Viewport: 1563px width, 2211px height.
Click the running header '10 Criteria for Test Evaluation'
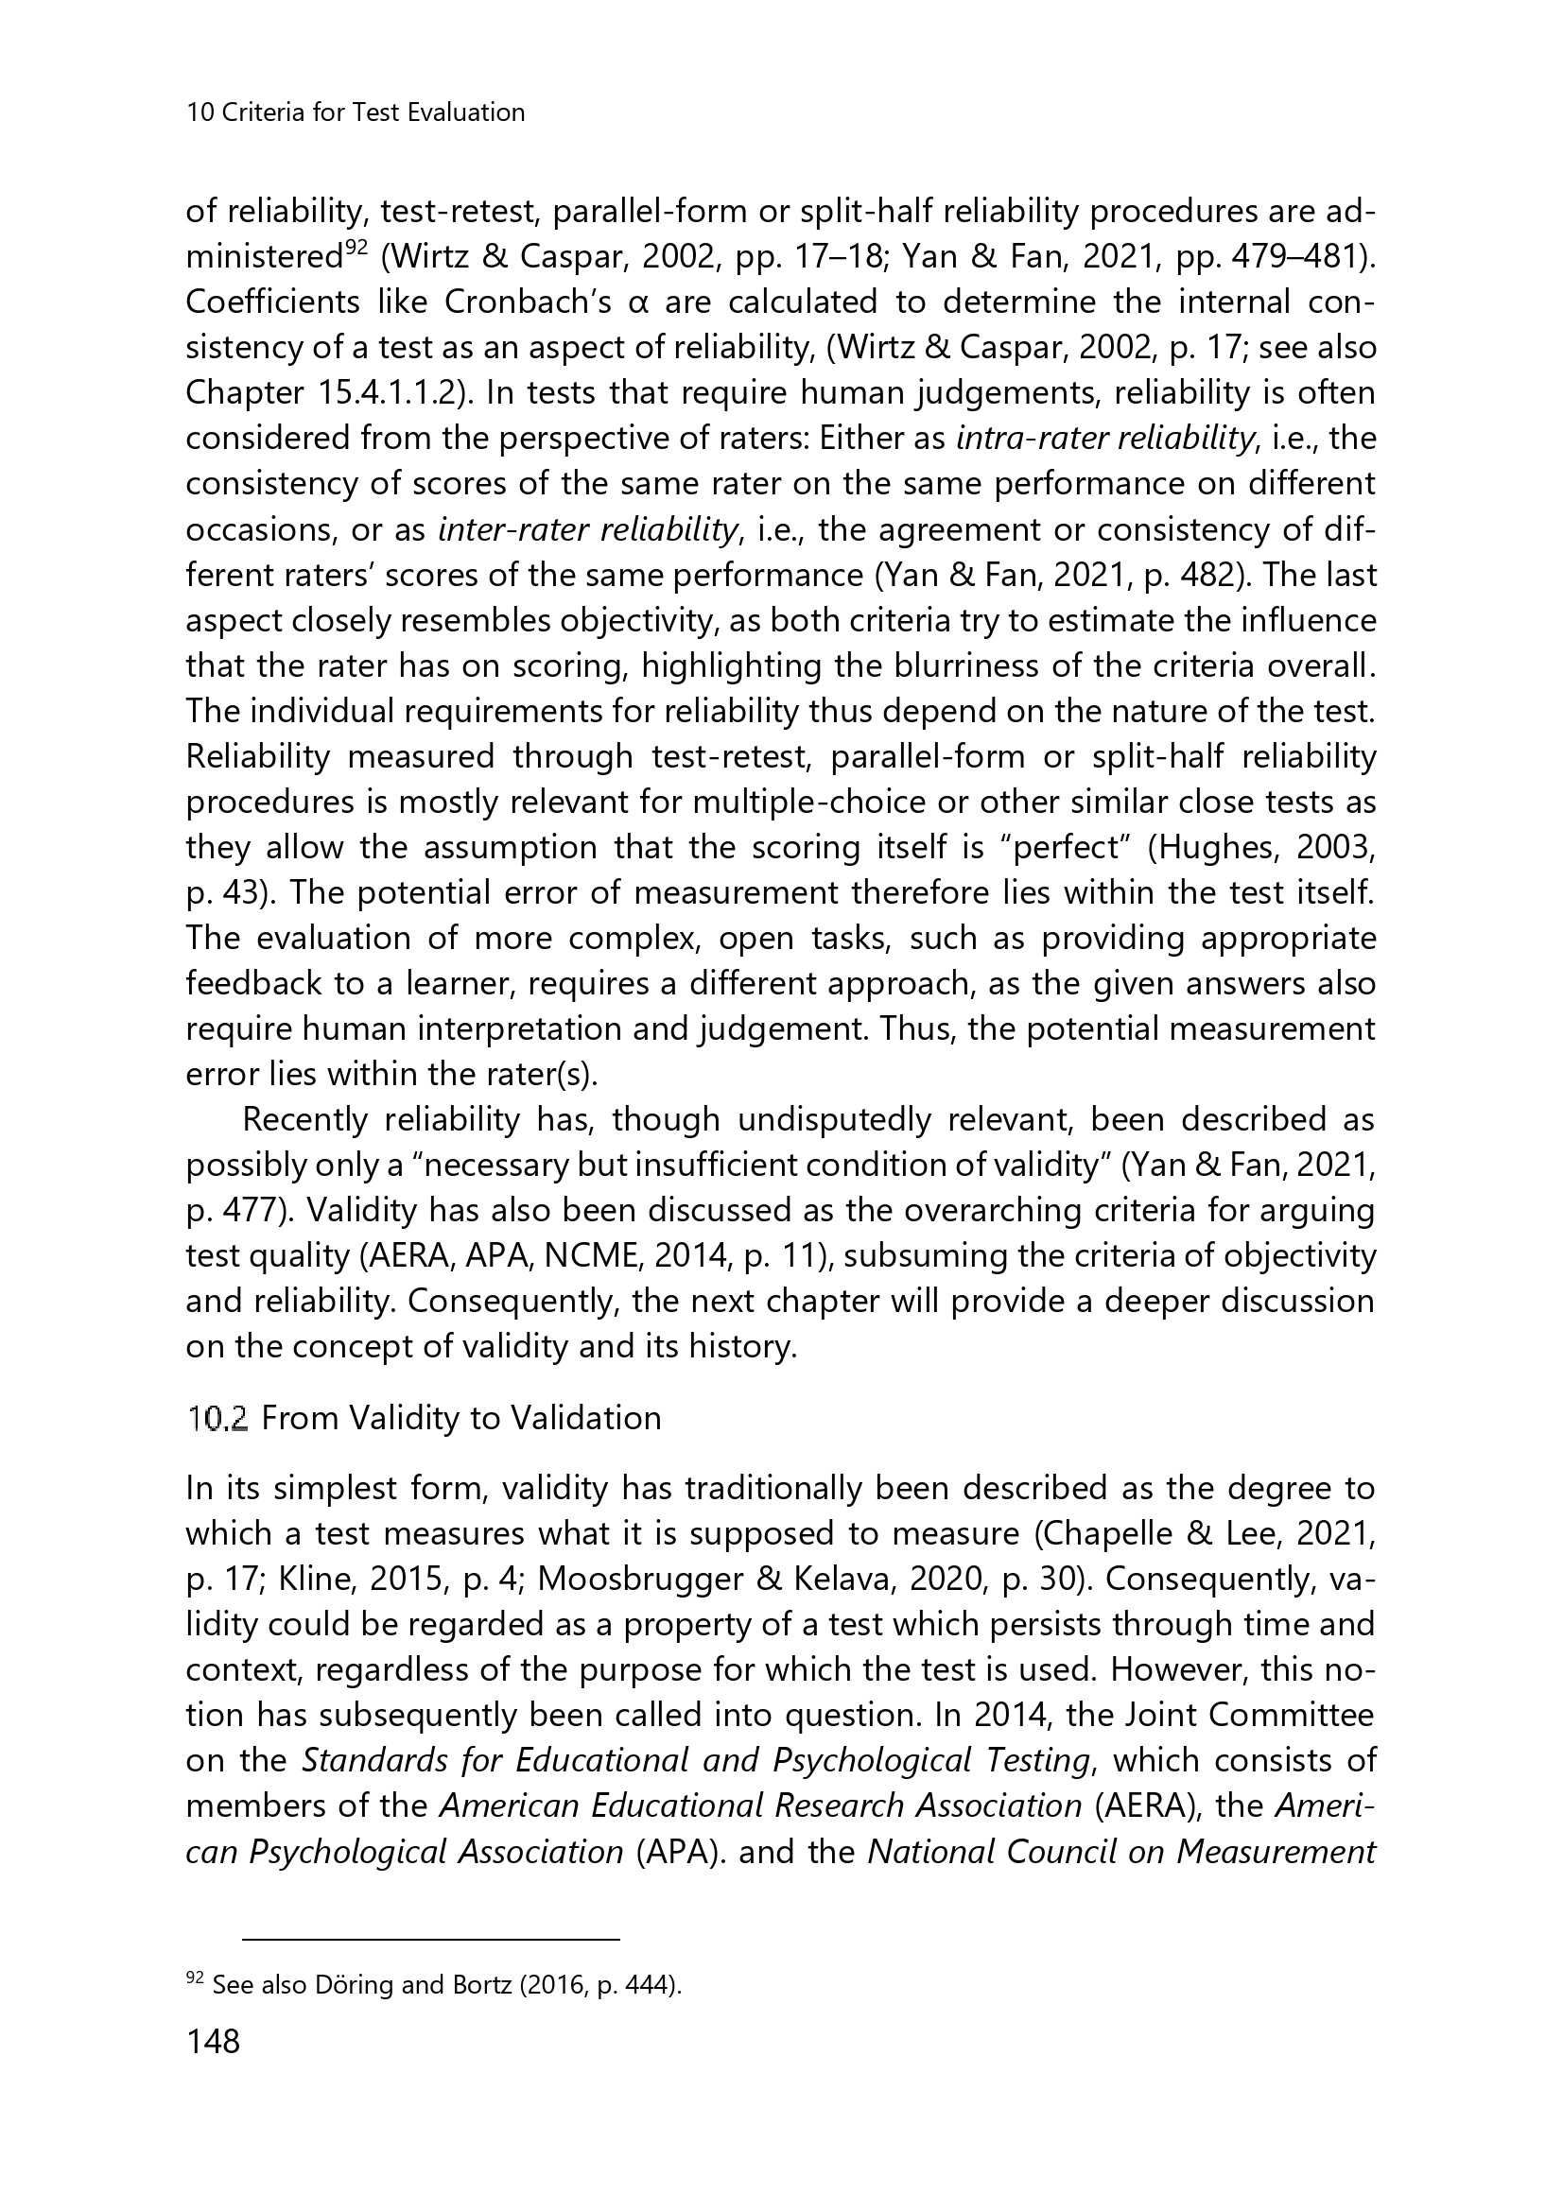click(x=356, y=112)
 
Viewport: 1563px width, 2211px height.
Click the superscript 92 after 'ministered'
click(x=356, y=250)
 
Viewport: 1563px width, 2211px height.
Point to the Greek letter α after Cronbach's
click(x=634, y=302)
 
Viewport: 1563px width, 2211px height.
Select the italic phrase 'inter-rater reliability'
click(x=588, y=529)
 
